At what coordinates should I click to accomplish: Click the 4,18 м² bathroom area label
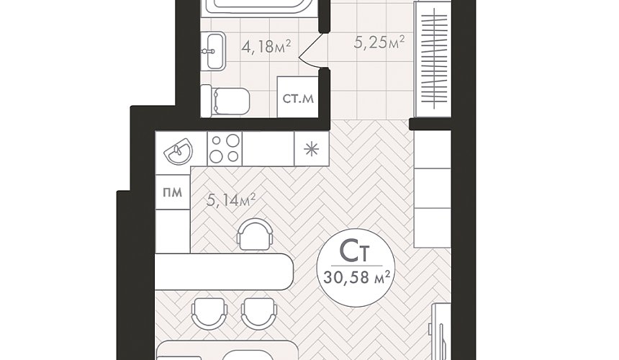(x=266, y=47)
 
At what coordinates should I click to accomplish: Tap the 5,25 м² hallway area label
(x=379, y=42)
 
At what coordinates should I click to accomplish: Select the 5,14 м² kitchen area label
(x=231, y=199)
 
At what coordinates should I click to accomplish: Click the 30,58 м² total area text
(x=356, y=276)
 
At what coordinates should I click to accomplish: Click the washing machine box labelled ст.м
(x=298, y=97)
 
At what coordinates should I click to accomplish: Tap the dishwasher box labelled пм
(x=173, y=192)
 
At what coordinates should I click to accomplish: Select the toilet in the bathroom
(x=225, y=101)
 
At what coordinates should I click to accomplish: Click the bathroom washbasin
(x=213, y=51)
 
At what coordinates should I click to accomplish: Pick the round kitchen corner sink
(x=179, y=150)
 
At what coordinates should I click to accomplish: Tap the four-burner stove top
(x=225, y=148)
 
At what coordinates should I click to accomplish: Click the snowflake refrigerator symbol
(x=311, y=149)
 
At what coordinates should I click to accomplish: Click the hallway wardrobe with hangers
(x=433, y=59)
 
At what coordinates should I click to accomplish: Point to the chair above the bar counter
(x=255, y=234)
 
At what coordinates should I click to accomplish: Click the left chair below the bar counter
(x=209, y=313)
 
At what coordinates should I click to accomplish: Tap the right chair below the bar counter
(x=259, y=313)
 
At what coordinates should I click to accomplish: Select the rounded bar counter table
(x=225, y=272)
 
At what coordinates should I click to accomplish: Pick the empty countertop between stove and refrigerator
(x=268, y=148)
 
